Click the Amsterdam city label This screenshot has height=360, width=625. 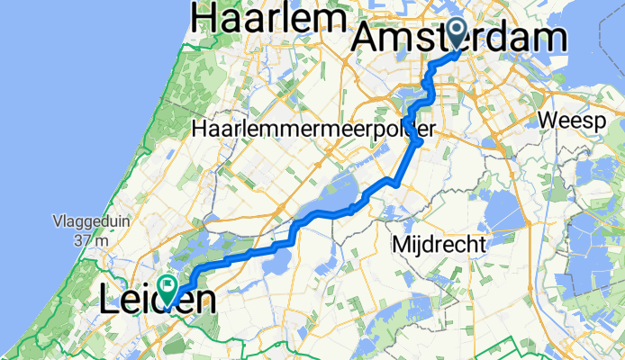461,40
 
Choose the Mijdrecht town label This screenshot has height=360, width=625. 440,243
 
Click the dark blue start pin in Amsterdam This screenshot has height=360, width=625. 457,33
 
